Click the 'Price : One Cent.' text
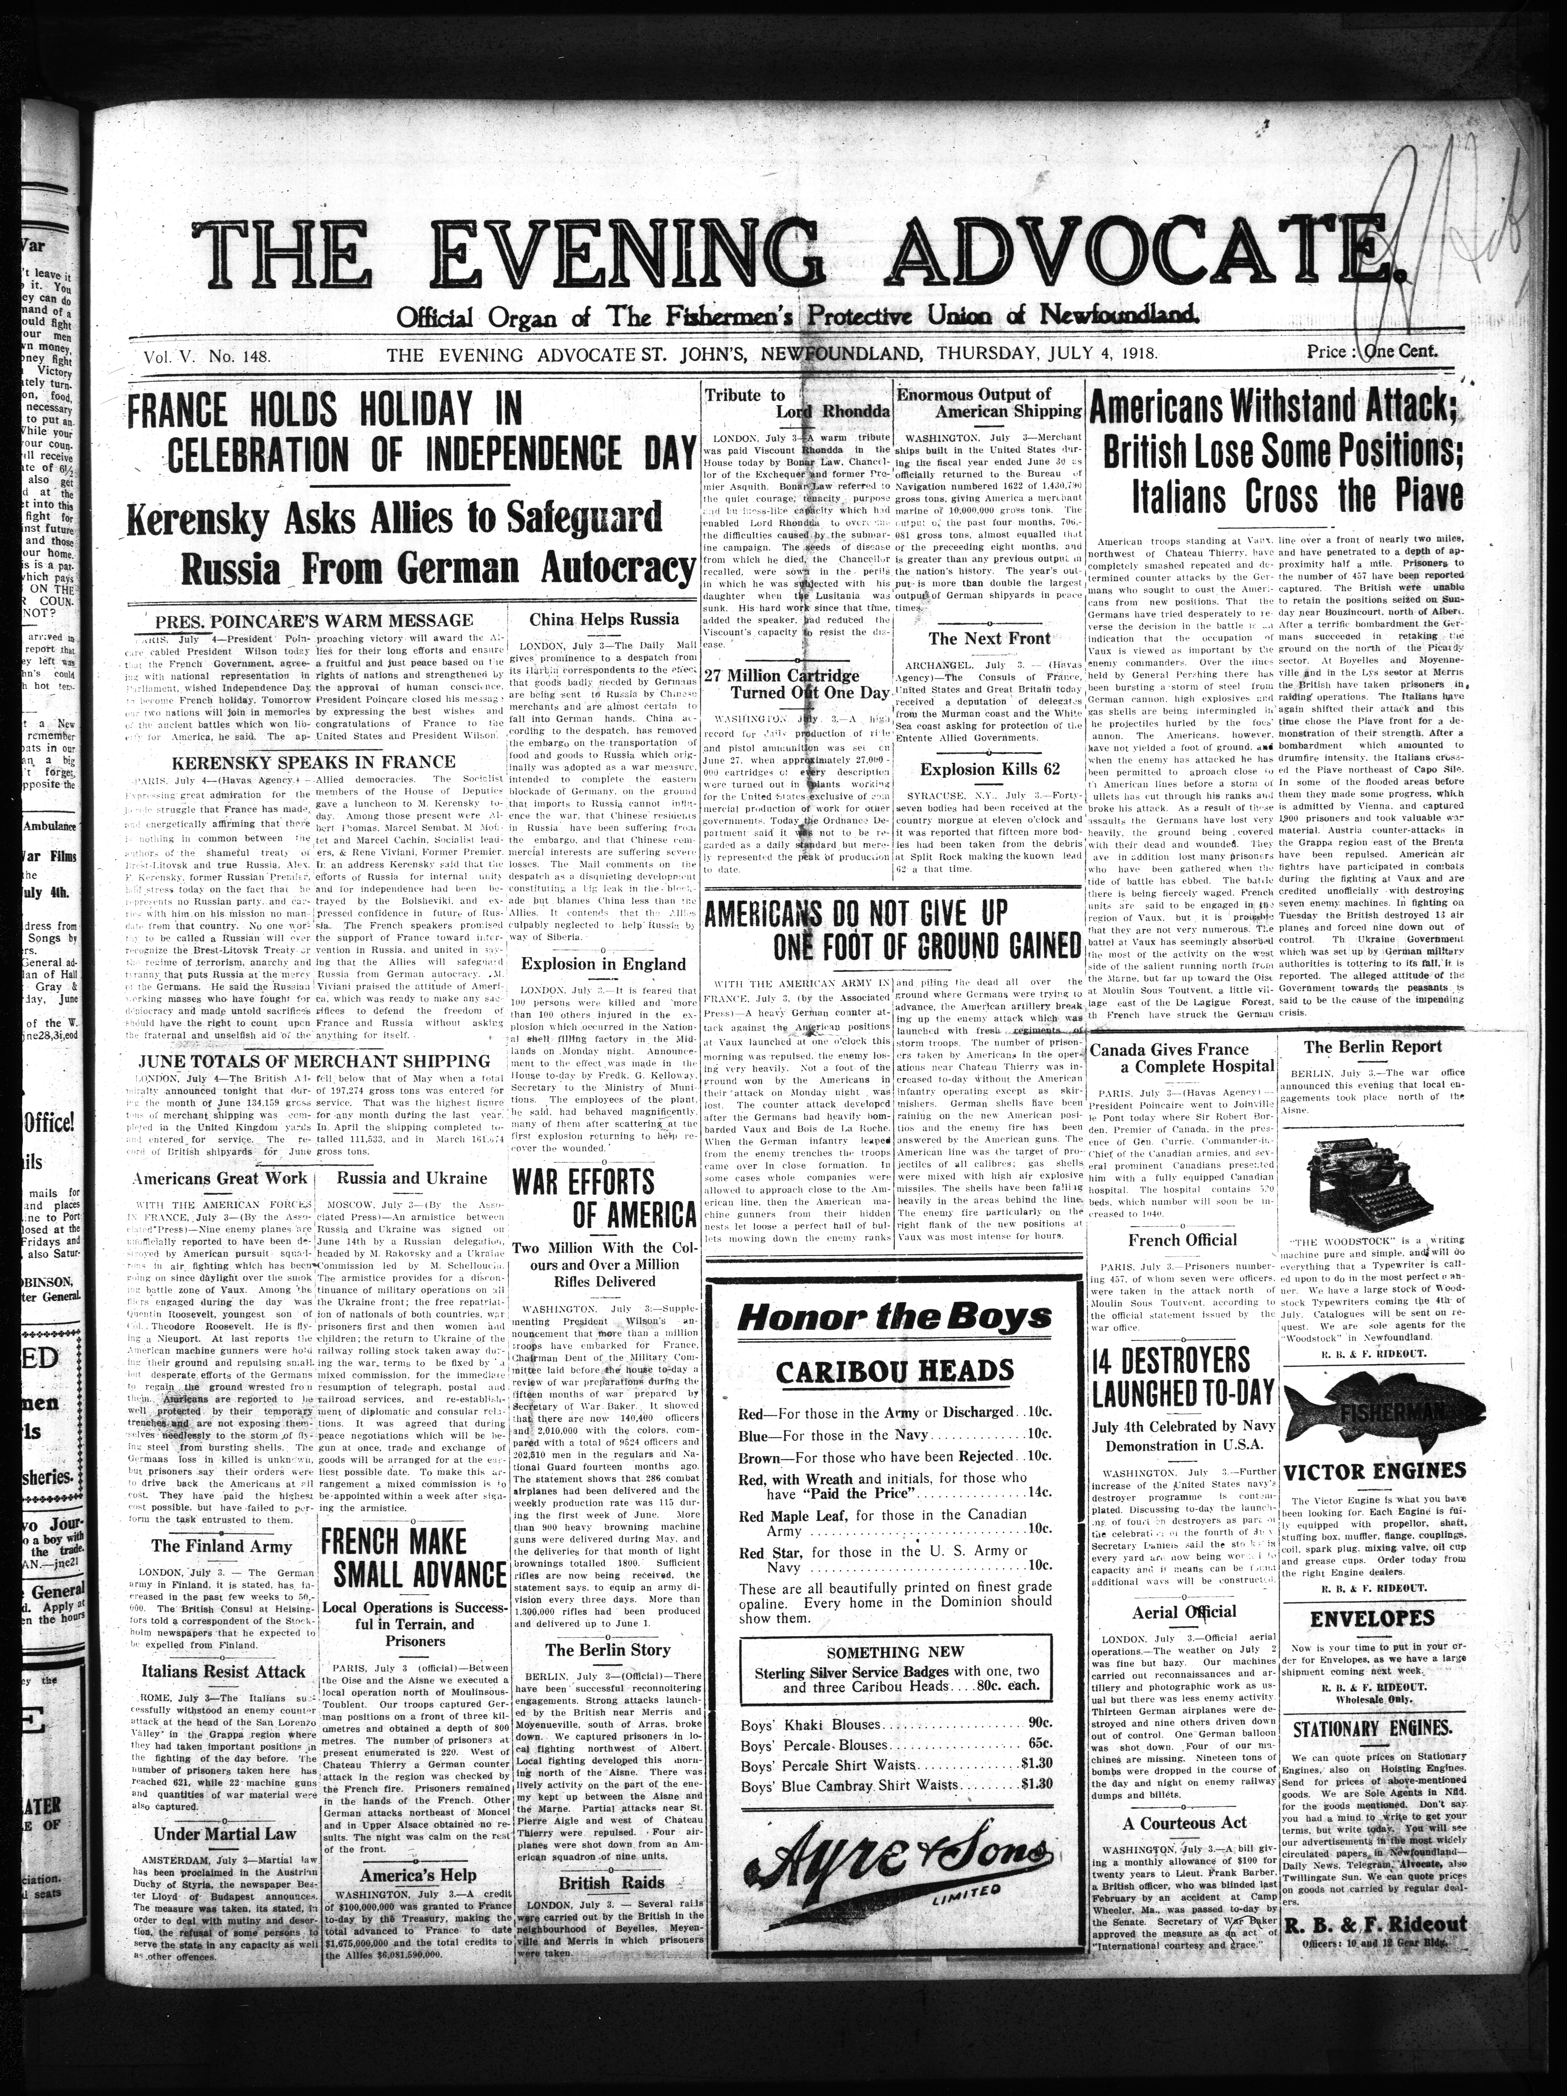click(1372, 351)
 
